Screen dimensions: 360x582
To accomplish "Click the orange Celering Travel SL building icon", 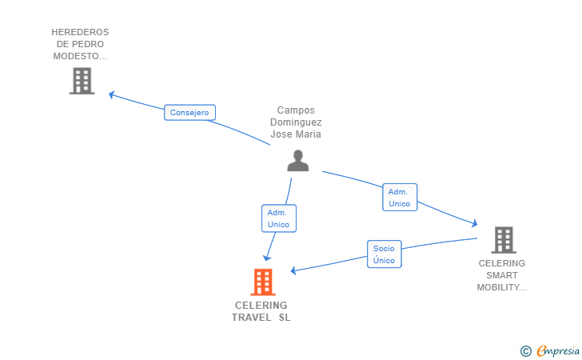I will (x=262, y=282).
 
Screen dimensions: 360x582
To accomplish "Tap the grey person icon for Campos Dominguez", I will (x=297, y=161).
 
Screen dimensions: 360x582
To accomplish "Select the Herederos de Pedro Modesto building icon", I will (x=82, y=81).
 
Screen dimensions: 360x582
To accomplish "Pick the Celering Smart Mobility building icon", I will (x=503, y=239).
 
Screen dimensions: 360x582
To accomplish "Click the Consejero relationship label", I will (x=189, y=113).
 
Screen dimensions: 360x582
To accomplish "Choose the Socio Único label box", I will (x=384, y=254).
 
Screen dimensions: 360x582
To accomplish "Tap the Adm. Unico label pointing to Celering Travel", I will (x=278, y=218).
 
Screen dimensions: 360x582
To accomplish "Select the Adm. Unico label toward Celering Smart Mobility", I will (x=399, y=198).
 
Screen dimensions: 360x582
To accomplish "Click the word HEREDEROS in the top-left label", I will (x=80, y=32).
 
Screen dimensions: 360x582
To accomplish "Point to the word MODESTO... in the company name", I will (x=80, y=56).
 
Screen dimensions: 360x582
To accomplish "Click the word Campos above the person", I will (x=296, y=110).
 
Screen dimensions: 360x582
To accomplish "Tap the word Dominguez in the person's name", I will (x=296, y=122).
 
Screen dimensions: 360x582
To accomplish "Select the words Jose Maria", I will (x=296, y=134).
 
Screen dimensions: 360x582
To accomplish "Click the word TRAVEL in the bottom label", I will (x=251, y=318).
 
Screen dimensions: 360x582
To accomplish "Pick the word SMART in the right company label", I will (x=502, y=275).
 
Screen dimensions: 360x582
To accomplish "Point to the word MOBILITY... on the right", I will (x=502, y=287).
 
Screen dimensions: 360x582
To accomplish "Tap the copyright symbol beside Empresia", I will (x=525, y=350).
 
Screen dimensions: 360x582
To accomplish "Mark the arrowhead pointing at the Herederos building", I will (x=112, y=94).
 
